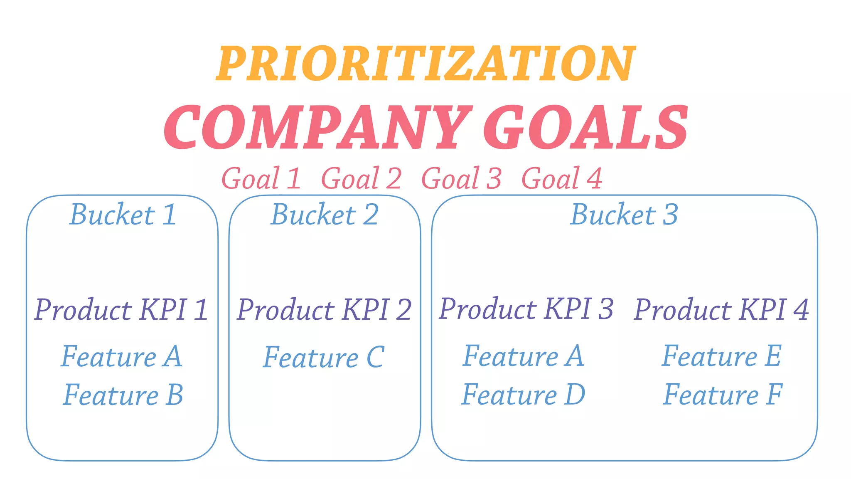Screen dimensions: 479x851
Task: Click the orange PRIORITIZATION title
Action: (425, 63)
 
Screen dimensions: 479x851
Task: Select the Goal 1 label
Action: (261, 178)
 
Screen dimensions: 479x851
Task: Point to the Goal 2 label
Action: (361, 178)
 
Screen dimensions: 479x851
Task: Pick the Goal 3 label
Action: (461, 178)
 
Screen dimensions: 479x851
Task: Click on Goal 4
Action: (561, 178)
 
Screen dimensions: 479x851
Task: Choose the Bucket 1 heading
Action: (123, 215)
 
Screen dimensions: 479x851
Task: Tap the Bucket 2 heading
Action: (325, 215)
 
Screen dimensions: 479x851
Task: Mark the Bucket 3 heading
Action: (624, 215)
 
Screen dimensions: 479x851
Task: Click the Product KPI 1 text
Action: (121, 310)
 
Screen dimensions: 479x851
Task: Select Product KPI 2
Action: (324, 310)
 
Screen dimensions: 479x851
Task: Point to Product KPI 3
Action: (526, 309)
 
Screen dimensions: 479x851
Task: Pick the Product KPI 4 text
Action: (721, 310)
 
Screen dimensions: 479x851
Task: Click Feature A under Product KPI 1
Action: (121, 356)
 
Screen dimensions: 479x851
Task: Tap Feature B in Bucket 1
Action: (123, 395)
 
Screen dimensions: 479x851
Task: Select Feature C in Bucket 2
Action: (324, 357)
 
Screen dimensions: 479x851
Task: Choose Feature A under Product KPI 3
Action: (523, 356)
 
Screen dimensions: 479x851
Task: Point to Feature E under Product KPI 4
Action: (722, 356)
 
